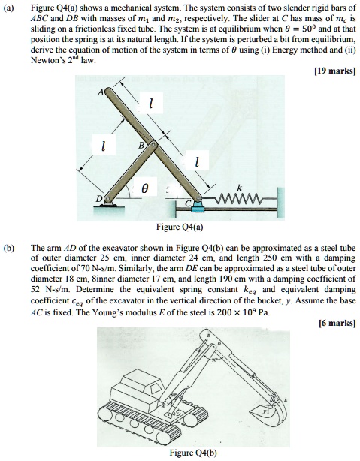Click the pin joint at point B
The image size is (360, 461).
coord(154,143)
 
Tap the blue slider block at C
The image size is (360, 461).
coord(198,202)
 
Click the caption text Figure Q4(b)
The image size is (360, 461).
coord(181,453)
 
